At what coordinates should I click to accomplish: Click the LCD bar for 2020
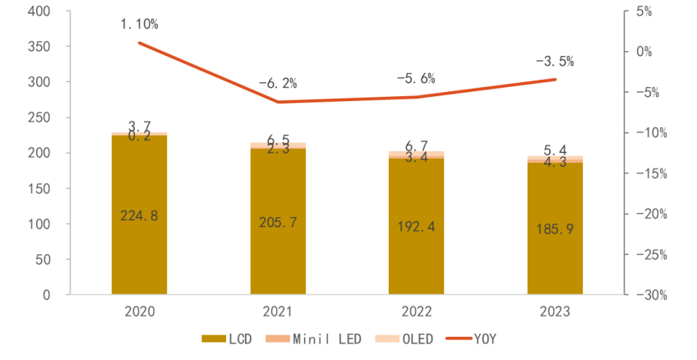pos(139,247)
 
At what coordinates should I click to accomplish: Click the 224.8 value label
pos(139,216)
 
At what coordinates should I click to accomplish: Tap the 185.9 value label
pos(555,230)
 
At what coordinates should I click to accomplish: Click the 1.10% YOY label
pos(140,25)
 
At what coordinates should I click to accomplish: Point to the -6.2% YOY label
pos(278,83)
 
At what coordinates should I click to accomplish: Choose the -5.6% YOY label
pos(416,78)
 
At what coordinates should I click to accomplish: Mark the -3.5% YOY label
pos(555,61)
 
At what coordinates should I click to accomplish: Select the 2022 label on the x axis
pos(416,313)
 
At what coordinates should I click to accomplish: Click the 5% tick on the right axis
pos(643,12)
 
